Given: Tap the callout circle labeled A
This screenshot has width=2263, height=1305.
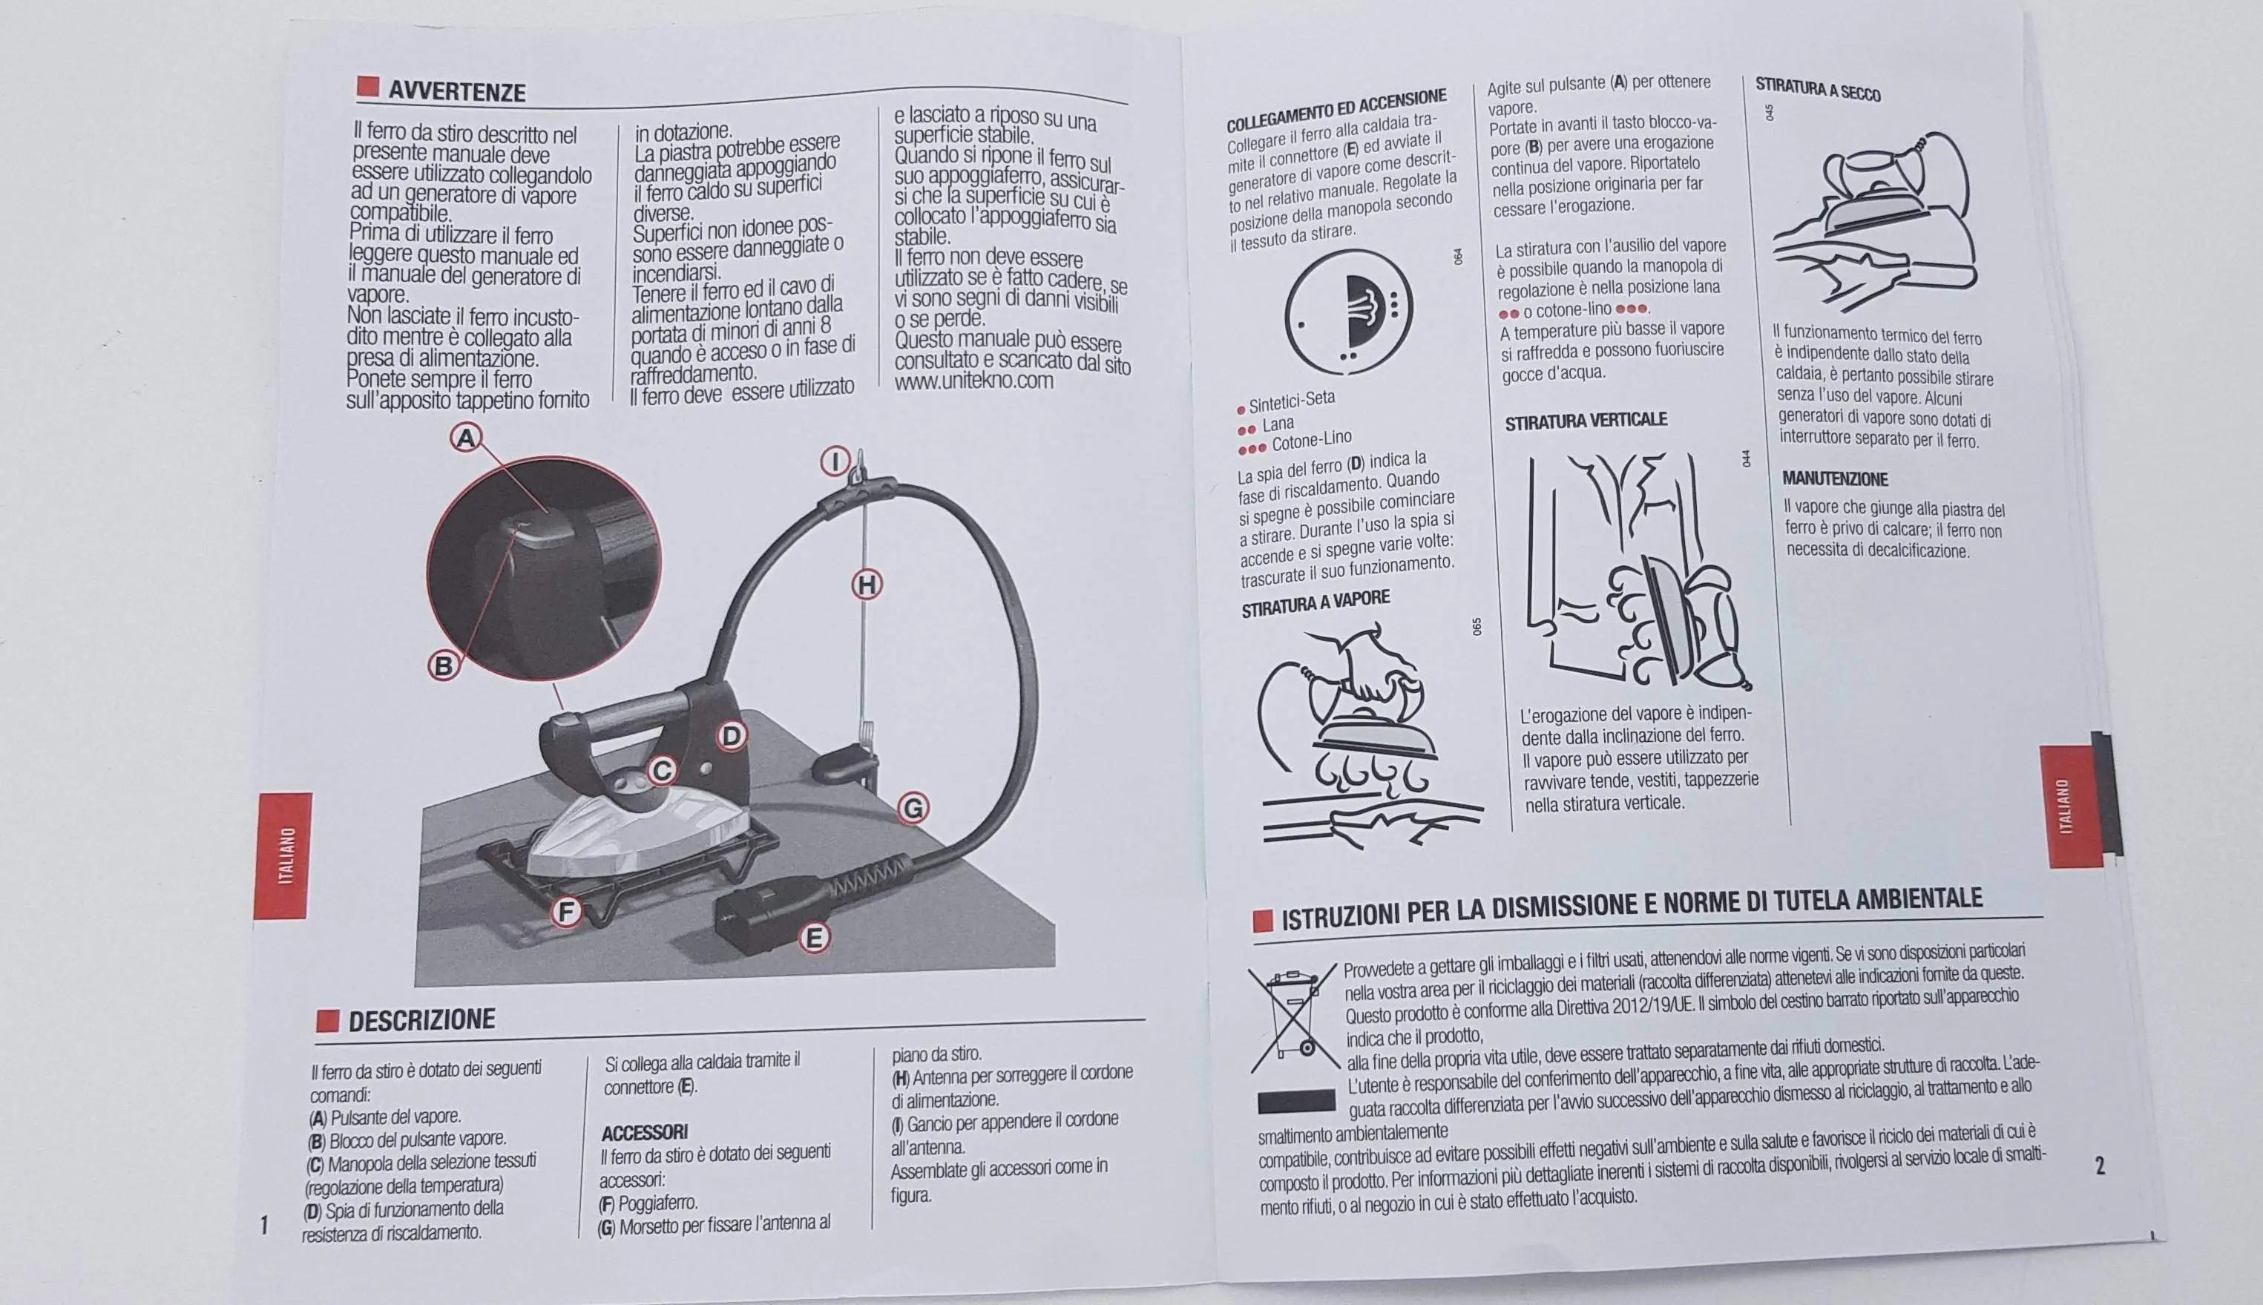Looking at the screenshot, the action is pos(465,438).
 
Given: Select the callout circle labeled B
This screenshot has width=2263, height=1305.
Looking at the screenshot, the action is pos(442,666).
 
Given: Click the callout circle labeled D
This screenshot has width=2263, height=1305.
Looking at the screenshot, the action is pos(732,737).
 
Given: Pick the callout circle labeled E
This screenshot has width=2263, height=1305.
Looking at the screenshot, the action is pos(814,939).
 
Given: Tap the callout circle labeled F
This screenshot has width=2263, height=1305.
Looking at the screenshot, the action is pos(565,913).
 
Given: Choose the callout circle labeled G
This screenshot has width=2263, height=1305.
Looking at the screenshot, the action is pos(913,809).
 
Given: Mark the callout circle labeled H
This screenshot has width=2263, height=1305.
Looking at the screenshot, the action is pos(866,585).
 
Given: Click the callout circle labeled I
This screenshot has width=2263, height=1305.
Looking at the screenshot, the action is pos(835,462).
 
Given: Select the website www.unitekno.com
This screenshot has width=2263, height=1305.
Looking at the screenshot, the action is pos(973,380).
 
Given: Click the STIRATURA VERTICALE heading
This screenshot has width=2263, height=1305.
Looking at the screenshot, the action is pos(1586,421).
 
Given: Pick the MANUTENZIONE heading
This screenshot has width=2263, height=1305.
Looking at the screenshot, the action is pos(1835,479).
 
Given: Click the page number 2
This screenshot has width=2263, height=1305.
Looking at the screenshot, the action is pos(2099,1166).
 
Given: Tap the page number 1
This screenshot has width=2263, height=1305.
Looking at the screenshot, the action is pos(263,1224).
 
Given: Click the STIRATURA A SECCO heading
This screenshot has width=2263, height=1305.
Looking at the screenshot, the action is pos(1818,90).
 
